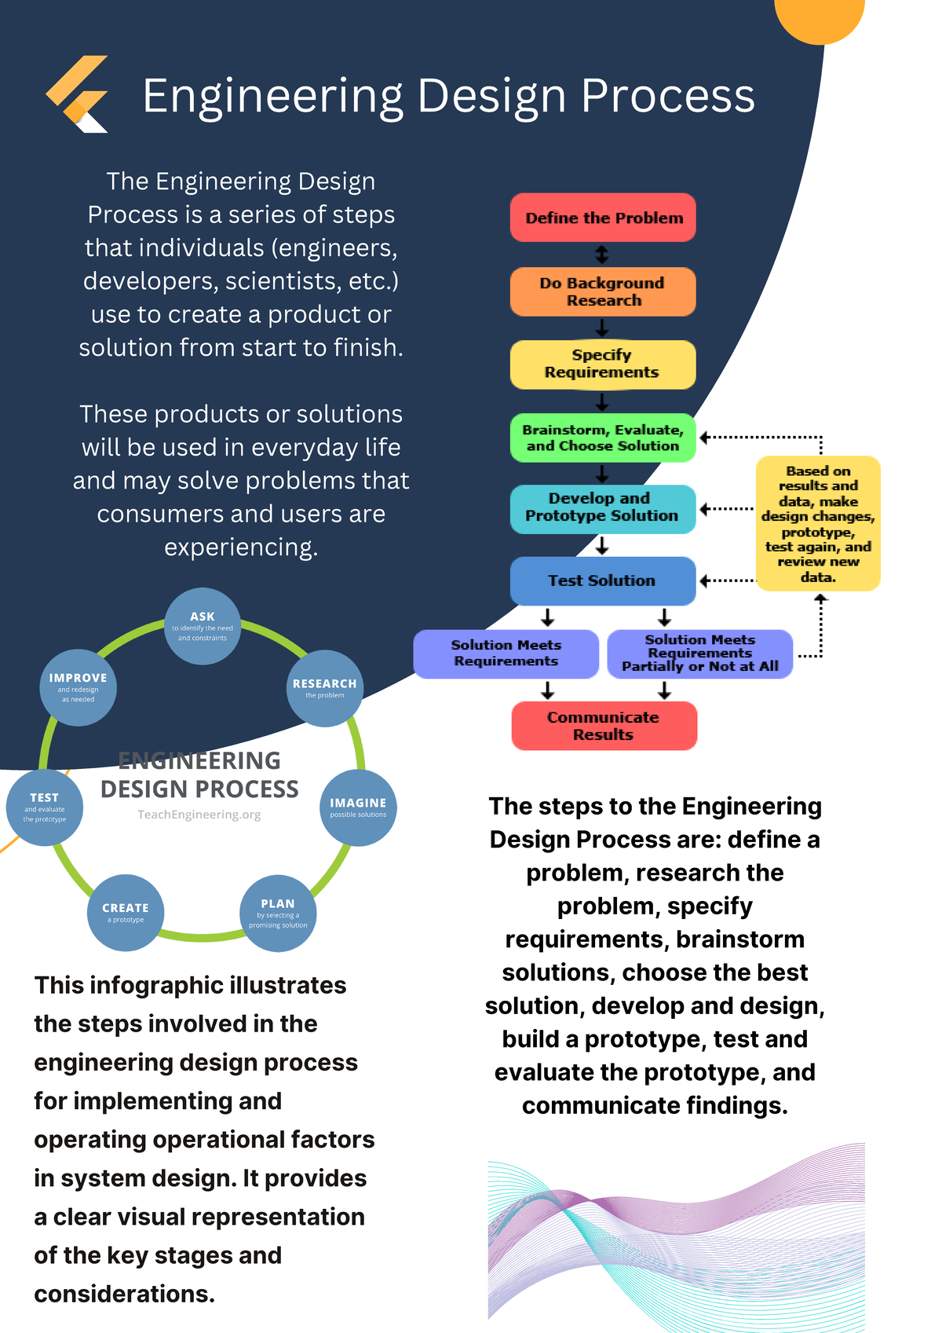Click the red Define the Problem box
click(x=603, y=218)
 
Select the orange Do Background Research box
click(x=603, y=291)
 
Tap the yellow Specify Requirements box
click(x=603, y=364)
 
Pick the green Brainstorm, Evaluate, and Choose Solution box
click(x=603, y=438)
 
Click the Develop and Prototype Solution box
click(x=603, y=508)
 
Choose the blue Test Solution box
click(x=603, y=580)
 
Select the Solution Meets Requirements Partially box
click(x=700, y=654)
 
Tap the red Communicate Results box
click(x=604, y=726)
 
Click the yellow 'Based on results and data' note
click(x=818, y=523)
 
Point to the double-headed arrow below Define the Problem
click(x=602, y=255)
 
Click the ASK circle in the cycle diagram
click(x=203, y=626)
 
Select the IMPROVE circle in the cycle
click(x=78, y=687)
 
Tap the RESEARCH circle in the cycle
click(x=325, y=688)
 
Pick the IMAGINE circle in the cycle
click(x=358, y=807)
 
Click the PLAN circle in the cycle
click(x=278, y=913)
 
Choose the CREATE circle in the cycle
click(x=126, y=912)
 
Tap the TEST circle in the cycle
click(x=45, y=807)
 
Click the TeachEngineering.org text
click(x=199, y=815)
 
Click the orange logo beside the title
click(x=77, y=93)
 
